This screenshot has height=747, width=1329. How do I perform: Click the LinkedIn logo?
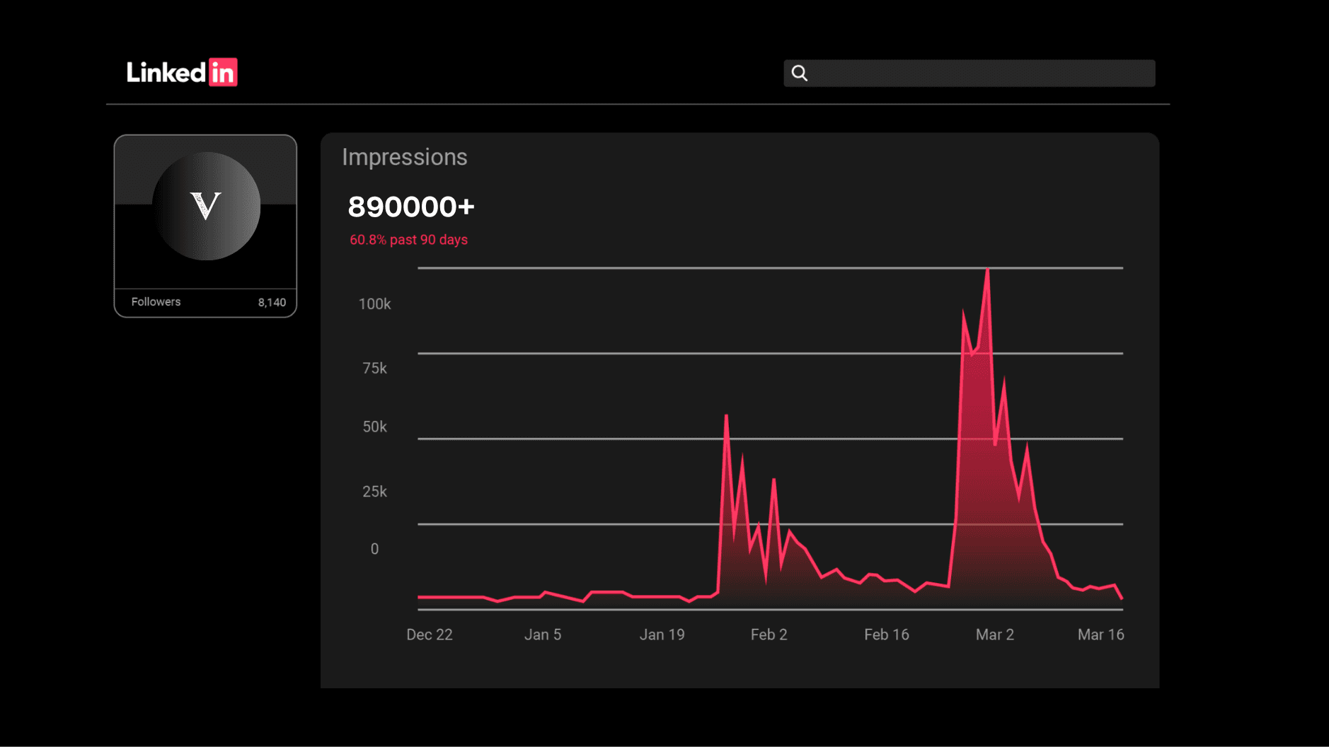coord(182,72)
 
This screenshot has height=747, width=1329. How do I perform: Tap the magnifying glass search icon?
coord(800,73)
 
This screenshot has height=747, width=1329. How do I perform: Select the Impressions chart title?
coord(405,157)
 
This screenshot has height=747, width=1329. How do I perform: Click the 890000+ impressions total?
coord(411,207)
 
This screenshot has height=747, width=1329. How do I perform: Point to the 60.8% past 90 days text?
coord(408,240)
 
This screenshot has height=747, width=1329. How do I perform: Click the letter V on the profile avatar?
coord(206,206)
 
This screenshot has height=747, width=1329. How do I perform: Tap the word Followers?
coord(156,302)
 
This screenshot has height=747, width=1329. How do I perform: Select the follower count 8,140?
coord(272,303)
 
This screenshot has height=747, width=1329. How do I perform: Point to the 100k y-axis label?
coord(374,304)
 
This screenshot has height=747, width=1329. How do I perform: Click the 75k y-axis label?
coord(374,369)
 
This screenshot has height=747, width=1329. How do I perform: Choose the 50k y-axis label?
coord(374,427)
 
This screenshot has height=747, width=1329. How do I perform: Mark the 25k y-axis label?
coord(374,492)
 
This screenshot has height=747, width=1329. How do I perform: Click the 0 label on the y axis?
coord(374,549)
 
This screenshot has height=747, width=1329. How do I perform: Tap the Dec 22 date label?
coord(430,635)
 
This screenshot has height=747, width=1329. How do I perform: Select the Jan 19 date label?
coord(662,635)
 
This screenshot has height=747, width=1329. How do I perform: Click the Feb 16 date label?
coord(887,635)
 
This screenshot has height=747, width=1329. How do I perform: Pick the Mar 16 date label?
coord(1101,635)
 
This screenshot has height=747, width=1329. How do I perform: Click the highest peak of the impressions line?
coord(987,270)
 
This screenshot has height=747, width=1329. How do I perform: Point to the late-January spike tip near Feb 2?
coord(726,415)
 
